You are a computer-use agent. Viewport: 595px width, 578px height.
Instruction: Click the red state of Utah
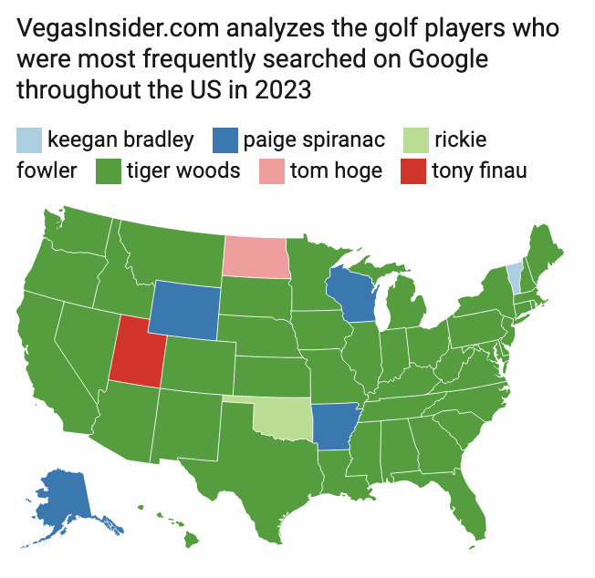tap(136, 351)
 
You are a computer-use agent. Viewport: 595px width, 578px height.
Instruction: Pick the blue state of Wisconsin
tap(350, 294)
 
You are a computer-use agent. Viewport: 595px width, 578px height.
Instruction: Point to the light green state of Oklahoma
tap(283, 418)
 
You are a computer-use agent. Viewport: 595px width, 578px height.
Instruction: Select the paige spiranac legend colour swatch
tap(224, 139)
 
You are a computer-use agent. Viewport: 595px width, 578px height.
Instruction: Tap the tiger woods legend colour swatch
tap(109, 170)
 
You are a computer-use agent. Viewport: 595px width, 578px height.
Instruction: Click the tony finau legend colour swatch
tap(412, 170)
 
